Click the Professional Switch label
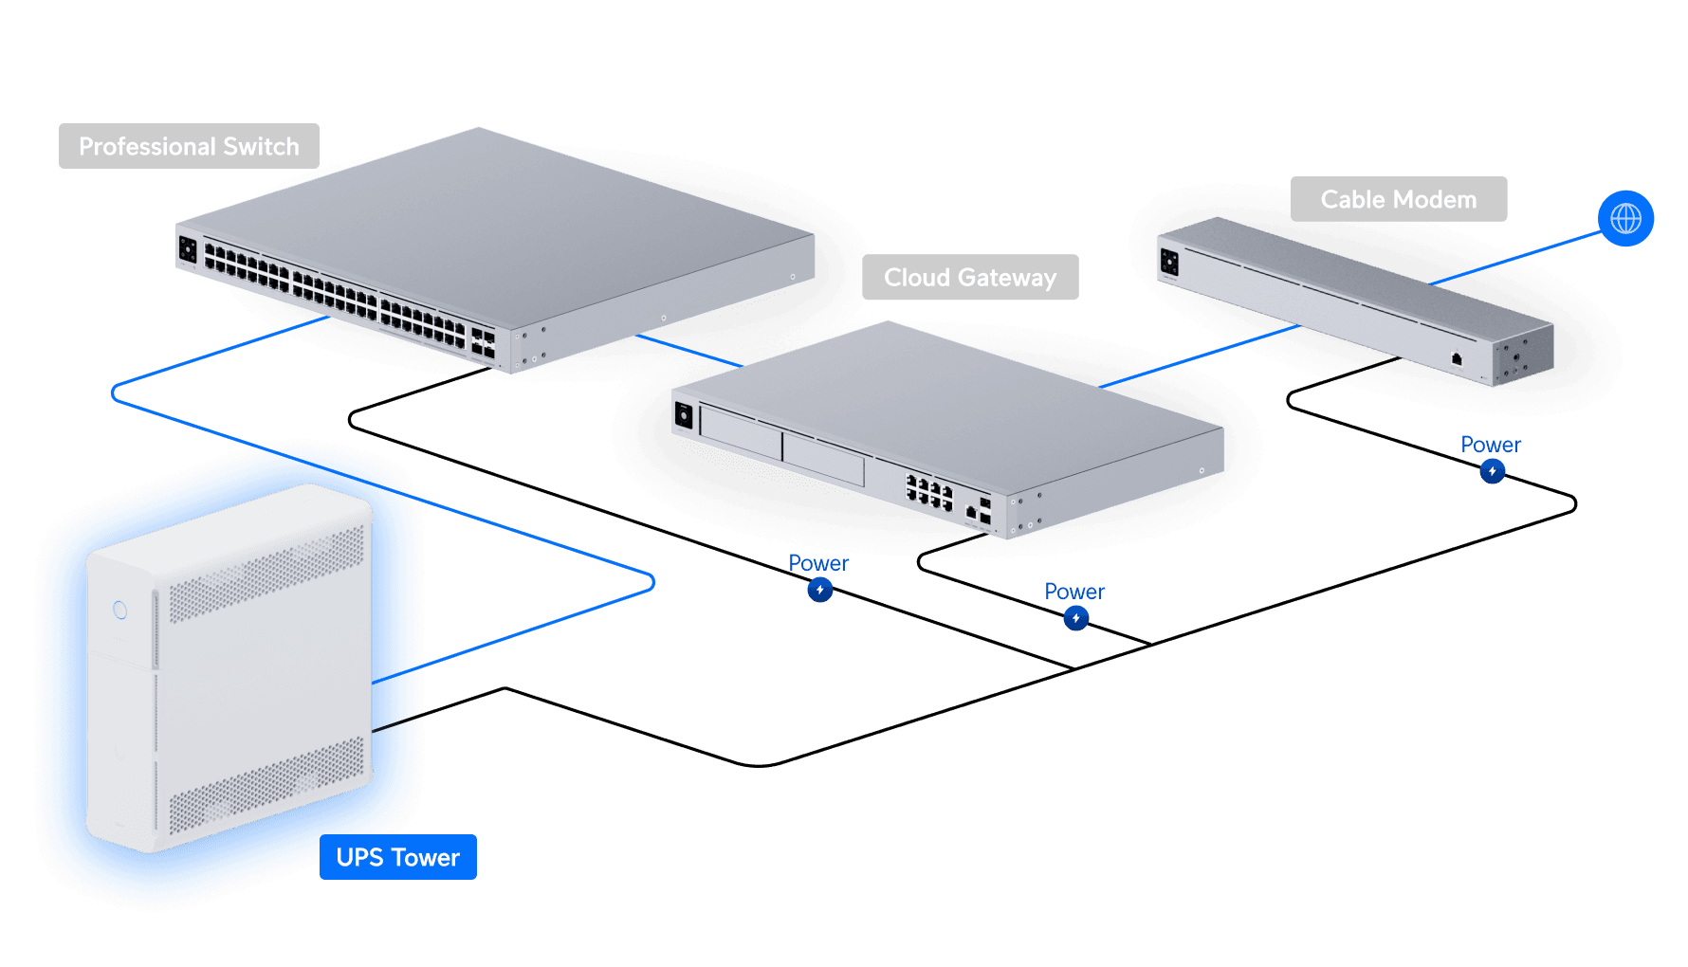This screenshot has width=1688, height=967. (x=189, y=146)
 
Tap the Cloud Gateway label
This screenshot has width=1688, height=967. (x=969, y=278)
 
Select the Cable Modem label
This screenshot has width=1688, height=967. (x=1398, y=199)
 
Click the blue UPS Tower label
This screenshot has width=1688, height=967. (x=397, y=857)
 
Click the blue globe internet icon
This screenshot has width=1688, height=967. (x=1625, y=218)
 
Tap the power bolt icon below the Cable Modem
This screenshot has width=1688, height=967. (x=1492, y=471)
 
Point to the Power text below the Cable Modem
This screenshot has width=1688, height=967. (x=1490, y=445)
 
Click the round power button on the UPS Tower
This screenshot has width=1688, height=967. (x=120, y=610)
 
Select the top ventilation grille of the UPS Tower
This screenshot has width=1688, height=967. (x=266, y=573)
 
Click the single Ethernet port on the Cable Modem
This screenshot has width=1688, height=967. (x=1457, y=358)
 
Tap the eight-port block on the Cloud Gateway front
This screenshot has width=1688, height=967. (x=929, y=493)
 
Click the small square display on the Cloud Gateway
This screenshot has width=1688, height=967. (x=684, y=414)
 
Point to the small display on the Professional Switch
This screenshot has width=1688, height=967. (x=188, y=249)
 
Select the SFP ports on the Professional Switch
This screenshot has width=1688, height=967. (x=483, y=343)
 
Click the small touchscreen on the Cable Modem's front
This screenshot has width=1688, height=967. (x=1169, y=261)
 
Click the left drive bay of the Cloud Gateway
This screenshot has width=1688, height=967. (x=741, y=432)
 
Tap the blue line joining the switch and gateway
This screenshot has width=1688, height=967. (x=688, y=350)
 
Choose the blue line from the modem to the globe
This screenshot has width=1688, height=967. (x=1517, y=257)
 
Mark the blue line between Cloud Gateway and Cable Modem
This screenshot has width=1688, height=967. (x=1200, y=356)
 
